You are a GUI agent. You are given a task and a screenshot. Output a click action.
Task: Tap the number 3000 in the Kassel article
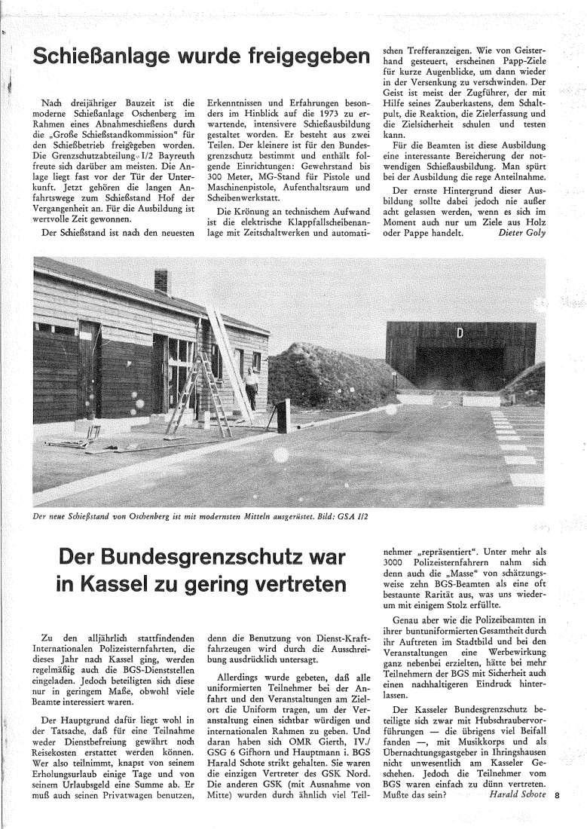click(397, 564)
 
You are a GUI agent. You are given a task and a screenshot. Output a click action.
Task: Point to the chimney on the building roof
click(162, 282)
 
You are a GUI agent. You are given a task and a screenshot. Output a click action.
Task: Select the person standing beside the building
click(251, 386)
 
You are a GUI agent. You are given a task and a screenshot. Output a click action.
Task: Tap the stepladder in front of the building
click(186, 398)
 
